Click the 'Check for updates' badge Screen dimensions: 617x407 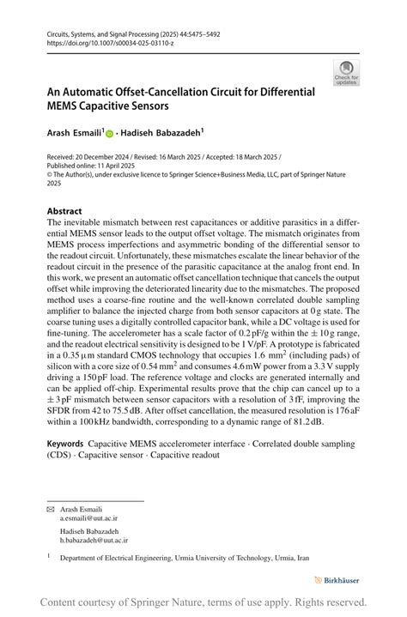[347, 73]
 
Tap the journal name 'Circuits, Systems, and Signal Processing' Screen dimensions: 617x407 [100, 33]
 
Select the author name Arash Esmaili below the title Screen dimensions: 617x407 [75, 133]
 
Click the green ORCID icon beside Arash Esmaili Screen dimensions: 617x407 [110, 133]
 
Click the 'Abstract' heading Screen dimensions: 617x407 [64, 211]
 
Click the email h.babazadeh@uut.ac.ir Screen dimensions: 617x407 [94, 541]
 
